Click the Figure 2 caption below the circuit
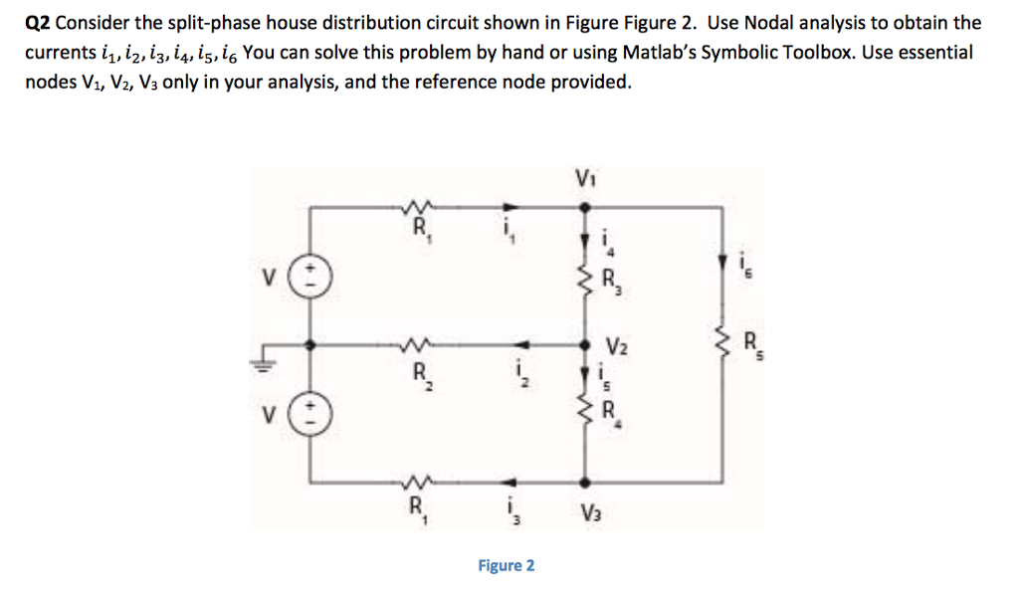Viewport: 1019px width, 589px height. [506, 565]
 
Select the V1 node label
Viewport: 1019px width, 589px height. [584, 180]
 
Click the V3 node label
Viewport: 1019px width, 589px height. [591, 512]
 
